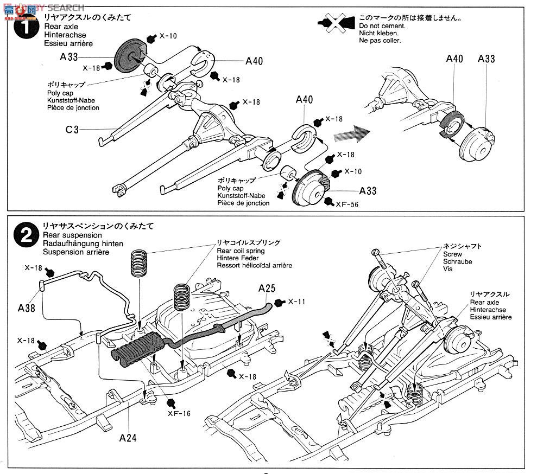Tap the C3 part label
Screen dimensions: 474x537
[72, 130]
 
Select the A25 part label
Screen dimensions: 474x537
[267, 289]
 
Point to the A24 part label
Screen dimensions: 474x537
[128, 437]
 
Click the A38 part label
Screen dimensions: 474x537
[26, 308]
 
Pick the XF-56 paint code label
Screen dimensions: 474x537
[348, 204]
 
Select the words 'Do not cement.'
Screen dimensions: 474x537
[382, 26]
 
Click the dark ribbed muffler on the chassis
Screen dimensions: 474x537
[137, 349]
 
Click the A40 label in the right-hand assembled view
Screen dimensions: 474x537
[454, 59]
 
